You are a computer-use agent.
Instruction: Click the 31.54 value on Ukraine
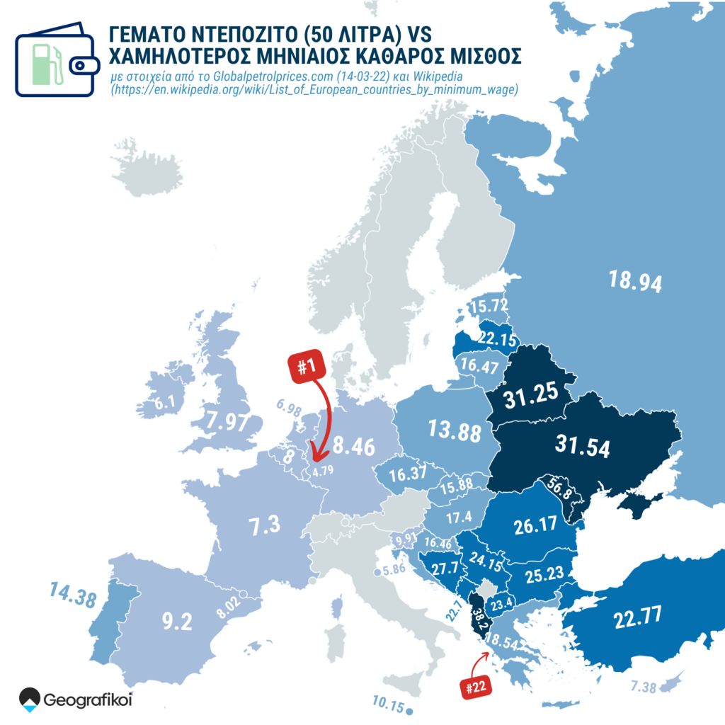[583, 447]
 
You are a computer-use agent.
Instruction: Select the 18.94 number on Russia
[635, 281]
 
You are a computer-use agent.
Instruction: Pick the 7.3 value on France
[263, 525]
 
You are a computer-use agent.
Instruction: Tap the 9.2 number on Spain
[177, 622]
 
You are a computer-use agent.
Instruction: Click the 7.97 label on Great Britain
[228, 422]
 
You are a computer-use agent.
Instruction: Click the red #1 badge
[307, 367]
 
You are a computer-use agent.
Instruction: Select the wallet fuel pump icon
[55, 59]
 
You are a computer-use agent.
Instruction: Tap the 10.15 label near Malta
[387, 705]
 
